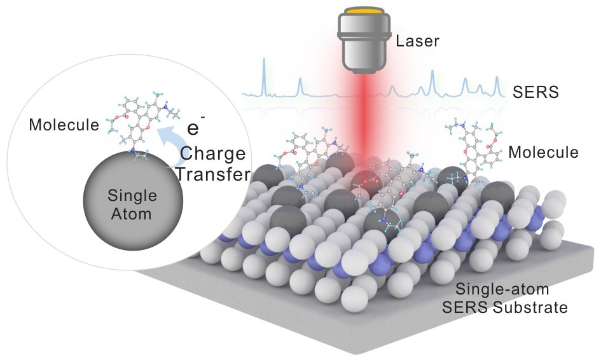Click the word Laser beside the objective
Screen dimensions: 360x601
417,43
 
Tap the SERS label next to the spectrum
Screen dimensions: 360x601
535,93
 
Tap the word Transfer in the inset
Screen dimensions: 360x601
210,174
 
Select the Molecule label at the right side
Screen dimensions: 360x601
543,153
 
